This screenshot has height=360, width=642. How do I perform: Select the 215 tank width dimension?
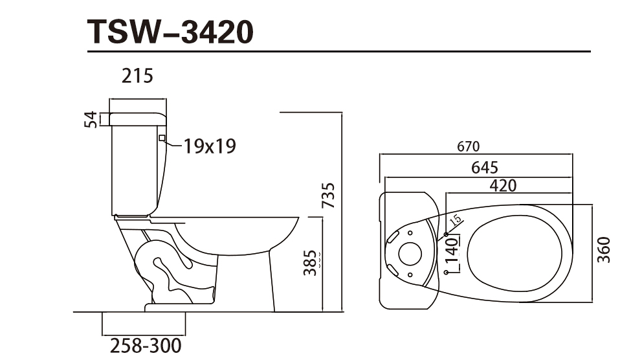pyautogui.click(x=138, y=76)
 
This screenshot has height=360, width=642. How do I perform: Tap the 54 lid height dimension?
pyautogui.click(x=91, y=119)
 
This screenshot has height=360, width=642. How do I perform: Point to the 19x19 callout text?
pyautogui.click(x=209, y=146)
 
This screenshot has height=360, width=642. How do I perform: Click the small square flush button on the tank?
pyautogui.click(x=162, y=137)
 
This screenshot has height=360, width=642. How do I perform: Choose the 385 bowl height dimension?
pyautogui.click(x=311, y=263)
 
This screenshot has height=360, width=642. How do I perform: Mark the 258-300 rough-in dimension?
pyautogui.click(x=144, y=346)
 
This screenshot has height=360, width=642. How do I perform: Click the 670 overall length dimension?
pyautogui.click(x=469, y=147)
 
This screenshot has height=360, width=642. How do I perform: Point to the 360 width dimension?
pyautogui.click(x=604, y=250)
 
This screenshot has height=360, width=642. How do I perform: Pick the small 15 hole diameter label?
pyautogui.click(x=456, y=219)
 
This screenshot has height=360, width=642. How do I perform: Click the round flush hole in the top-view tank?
pyautogui.click(x=410, y=254)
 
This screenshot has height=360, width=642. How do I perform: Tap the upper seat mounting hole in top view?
pyautogui.click(x=446, y=233)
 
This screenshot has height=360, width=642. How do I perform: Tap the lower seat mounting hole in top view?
pyautogui.click(x=446, y=273)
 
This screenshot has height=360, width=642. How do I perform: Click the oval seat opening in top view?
pyautogui.click(x=518, y=253)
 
